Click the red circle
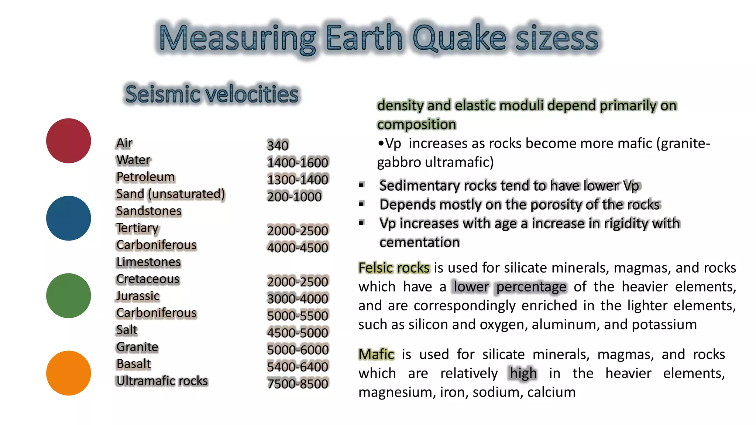pyautogui.click(x=68, y=141)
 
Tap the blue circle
pyautogui.click(x=68, y=218)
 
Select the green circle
pyautogui.click(x=68, y=296)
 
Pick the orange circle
pyautogui.click(x=68, y=373)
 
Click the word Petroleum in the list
pyautogui.click(x=145, y=177)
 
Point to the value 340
pyautogui.click(x=278, y=145)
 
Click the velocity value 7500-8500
pyautogui.click(x=298, y=384)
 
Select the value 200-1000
pyautogui.click(x=294, y=197)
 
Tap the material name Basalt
pyautogui.click(x=134, y=364)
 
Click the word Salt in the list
pyautogui.click(x=127, y=330)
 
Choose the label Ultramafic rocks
pyautogui.click(x=162, y=381)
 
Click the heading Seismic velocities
pyautogui.click(x=212, y=94)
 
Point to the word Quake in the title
pyautogui.click(x=459, y=38)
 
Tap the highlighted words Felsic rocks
pyautogui.click(x=394, y=267)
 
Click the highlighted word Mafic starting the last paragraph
pyautogui.click(x=376, y=354)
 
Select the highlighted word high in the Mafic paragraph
pyautogui.click(x=523, y=373)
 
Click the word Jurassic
pyautogui.click(x=138, y=296)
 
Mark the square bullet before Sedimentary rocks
pyautogui.click(x=362, y=185)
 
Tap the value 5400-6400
pyautogui.click(x=298, y=367)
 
